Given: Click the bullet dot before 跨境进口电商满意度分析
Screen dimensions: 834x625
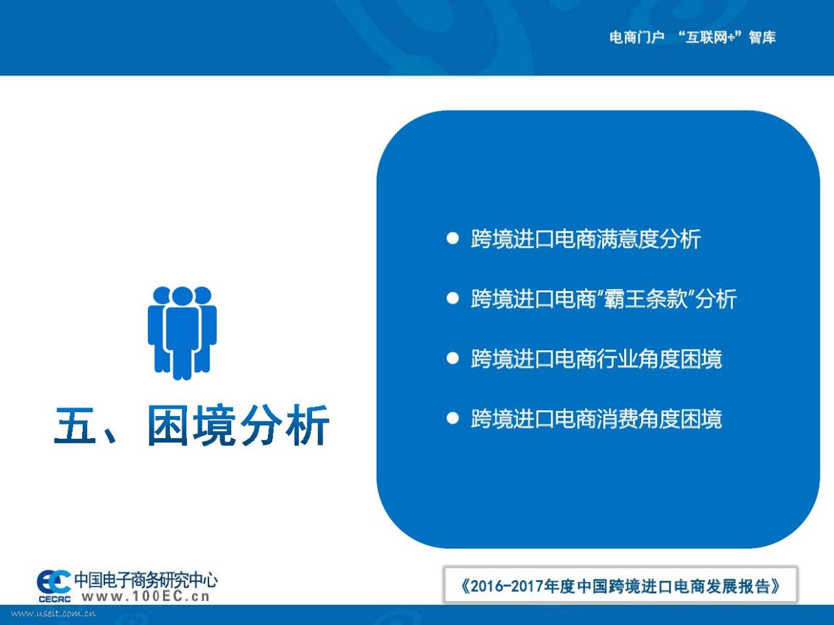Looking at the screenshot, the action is point(452,238).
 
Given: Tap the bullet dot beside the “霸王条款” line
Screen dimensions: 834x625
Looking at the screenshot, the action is point(452,298).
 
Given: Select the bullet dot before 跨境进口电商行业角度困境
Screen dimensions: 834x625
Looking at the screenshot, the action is point(452,358).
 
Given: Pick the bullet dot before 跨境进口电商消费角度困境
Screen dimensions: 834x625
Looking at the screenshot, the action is point(452,418).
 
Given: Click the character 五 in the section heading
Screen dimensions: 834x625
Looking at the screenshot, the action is point(75,424).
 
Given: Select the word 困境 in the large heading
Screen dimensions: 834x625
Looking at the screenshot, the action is point(191,425).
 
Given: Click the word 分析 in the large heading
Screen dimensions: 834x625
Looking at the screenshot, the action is point(285,425).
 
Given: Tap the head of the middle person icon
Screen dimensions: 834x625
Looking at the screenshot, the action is point(182,296).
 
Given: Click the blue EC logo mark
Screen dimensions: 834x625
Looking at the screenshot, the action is point(53,581).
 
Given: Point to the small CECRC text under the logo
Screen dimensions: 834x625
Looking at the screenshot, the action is point(54,599).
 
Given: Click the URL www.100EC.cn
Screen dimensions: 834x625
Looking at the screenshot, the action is point(145,597).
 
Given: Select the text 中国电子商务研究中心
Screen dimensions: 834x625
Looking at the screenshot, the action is point(146,580).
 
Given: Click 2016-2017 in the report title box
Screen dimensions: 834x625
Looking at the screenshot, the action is point(506,587).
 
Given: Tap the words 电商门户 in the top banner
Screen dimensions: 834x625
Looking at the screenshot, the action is point(637,38).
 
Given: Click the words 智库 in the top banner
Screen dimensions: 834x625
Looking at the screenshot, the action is point(762,38).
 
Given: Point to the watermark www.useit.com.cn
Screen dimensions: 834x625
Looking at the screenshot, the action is point(53,613).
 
